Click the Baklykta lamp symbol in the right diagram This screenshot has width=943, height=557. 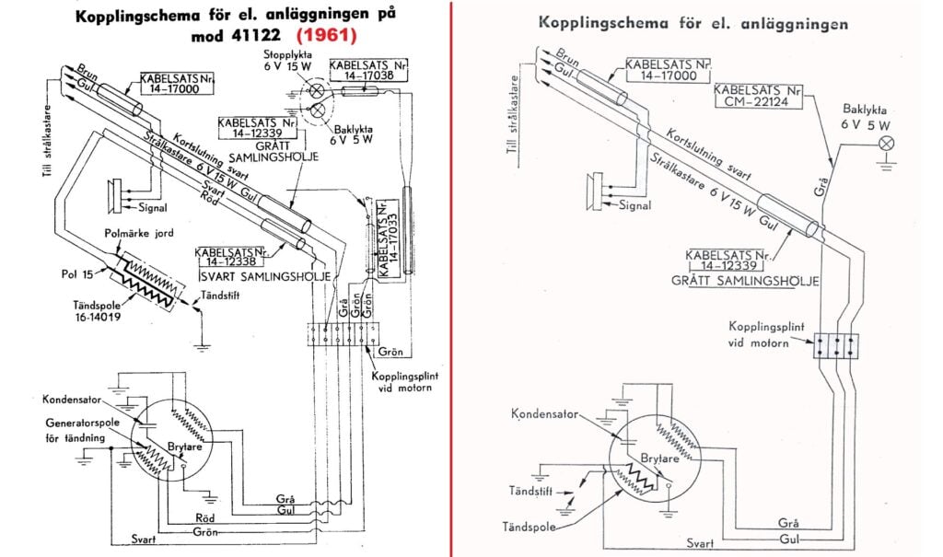[x=887, y=143]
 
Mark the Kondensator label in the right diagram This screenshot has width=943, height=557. [x=543, y=413]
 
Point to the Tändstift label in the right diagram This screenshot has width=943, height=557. [x=530, y=492]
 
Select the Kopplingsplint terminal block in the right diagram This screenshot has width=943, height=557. [x=836, y=345]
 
